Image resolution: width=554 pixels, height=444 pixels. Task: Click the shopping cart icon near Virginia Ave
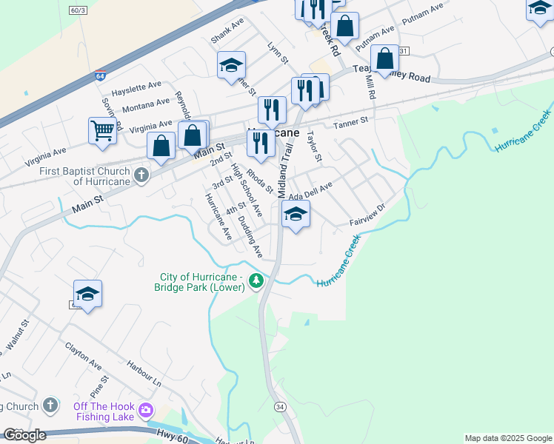point(102,131)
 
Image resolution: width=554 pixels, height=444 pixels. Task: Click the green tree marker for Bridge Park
point(256,280)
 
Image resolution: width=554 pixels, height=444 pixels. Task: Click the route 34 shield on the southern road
point(279,406)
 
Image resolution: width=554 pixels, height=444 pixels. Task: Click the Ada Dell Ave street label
point(311,192)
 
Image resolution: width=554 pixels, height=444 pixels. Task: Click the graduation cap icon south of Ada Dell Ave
point(296,215)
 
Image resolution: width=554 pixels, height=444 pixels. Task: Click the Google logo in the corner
point(24,435)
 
